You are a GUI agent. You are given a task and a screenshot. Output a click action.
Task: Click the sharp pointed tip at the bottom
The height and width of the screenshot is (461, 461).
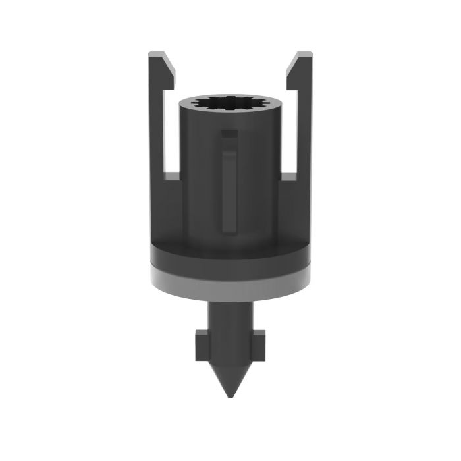230,396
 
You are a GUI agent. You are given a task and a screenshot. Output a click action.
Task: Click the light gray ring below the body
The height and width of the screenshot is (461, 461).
230,278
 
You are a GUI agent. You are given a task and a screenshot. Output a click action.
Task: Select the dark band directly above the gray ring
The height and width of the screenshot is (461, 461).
230,258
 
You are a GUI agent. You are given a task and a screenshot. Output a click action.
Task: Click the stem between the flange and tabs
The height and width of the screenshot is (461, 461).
230,316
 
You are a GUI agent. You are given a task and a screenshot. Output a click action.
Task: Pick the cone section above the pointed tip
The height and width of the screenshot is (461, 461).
230,372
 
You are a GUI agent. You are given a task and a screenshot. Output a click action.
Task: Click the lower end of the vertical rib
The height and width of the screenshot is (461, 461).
229,227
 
